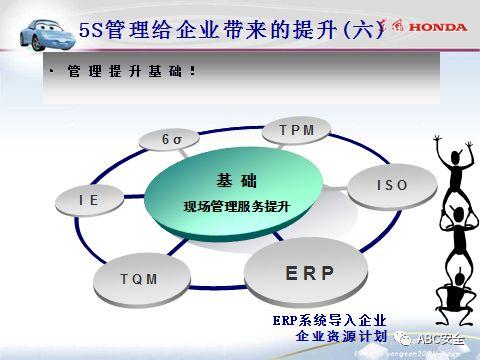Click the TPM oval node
pos(297,132)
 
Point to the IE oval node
pos(89,201)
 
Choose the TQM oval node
pos(138,279)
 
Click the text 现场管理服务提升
pos(236,207)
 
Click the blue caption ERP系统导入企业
pos(327,319)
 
